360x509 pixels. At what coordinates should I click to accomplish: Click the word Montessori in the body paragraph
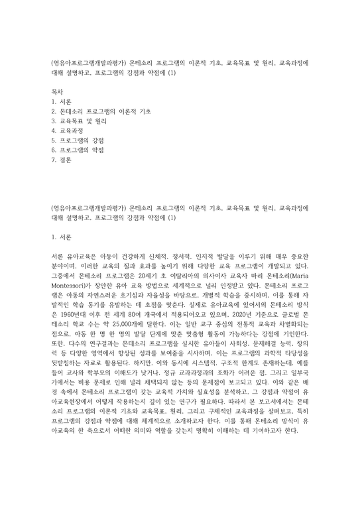point(70,280)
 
